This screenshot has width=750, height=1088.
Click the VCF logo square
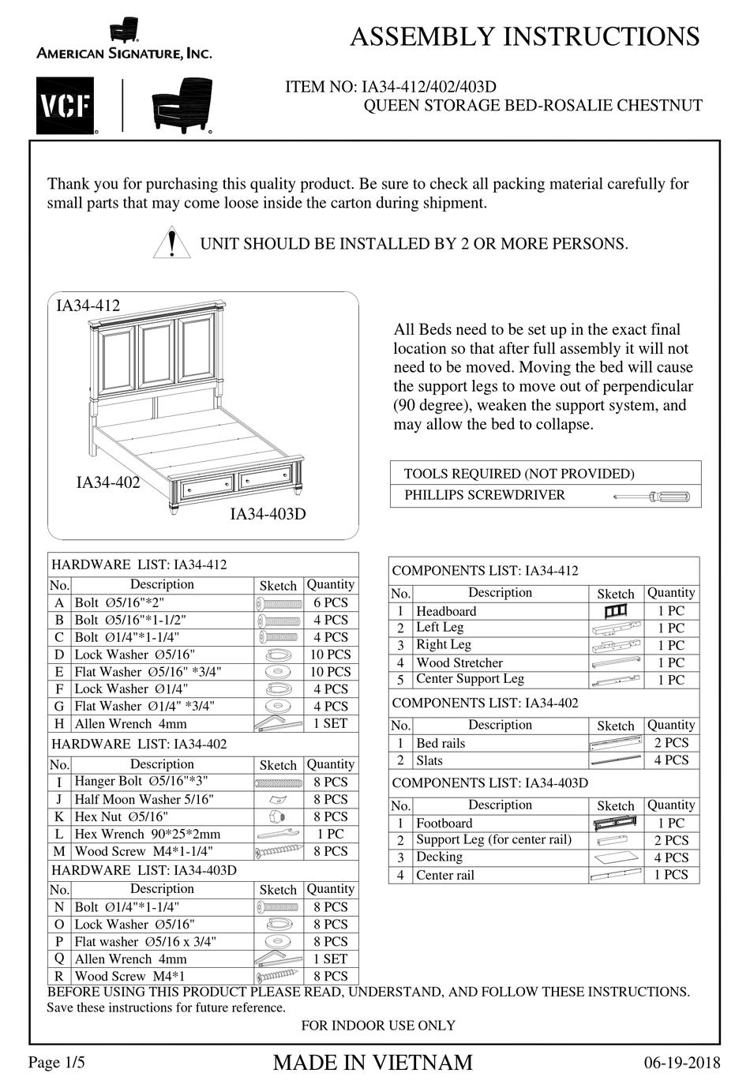pyautogui.click(x=65, y=106)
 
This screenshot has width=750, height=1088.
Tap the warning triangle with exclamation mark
pyautogui.click(x=171, y=243)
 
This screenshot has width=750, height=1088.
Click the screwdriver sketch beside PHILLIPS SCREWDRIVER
pyautogui.click(x=651, y=497)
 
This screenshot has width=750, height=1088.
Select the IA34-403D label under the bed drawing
pyautogui.click(x=268, y=514)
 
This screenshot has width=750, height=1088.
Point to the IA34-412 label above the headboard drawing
pyautogui.click(x=88, y=306)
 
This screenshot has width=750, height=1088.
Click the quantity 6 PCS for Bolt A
pyautogui.click(x=331, y=602)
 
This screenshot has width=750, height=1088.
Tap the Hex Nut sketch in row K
pyautogui.click(x=278, y=816)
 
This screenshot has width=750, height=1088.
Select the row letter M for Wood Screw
pyautogui.click(x=59, y=852)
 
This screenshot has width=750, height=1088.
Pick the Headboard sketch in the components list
pyautogui.click(x=615, y=611)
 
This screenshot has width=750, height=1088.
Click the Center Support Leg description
pyautogui.click(x=470, y=679)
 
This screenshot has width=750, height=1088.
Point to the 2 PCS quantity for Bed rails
pyautogui.click(x=671, y=743)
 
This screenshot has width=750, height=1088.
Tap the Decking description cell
pyautogui.click(x=439, y=857)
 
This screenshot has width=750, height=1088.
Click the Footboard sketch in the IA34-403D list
pyautogui.click(x=615, y=824)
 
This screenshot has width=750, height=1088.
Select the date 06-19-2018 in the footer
pyautogui.click(x=682, y=1063)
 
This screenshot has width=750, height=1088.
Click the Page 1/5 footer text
pyautogui.click(x=56, y=1063)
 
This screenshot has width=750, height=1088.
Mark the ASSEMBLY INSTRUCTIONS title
pyautogui.click(x=524, y=36)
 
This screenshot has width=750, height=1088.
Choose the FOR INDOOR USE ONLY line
pyautogui.click(x=378, y=1026)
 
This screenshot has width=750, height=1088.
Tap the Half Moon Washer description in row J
pyautogui.click(x=144, y=799)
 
